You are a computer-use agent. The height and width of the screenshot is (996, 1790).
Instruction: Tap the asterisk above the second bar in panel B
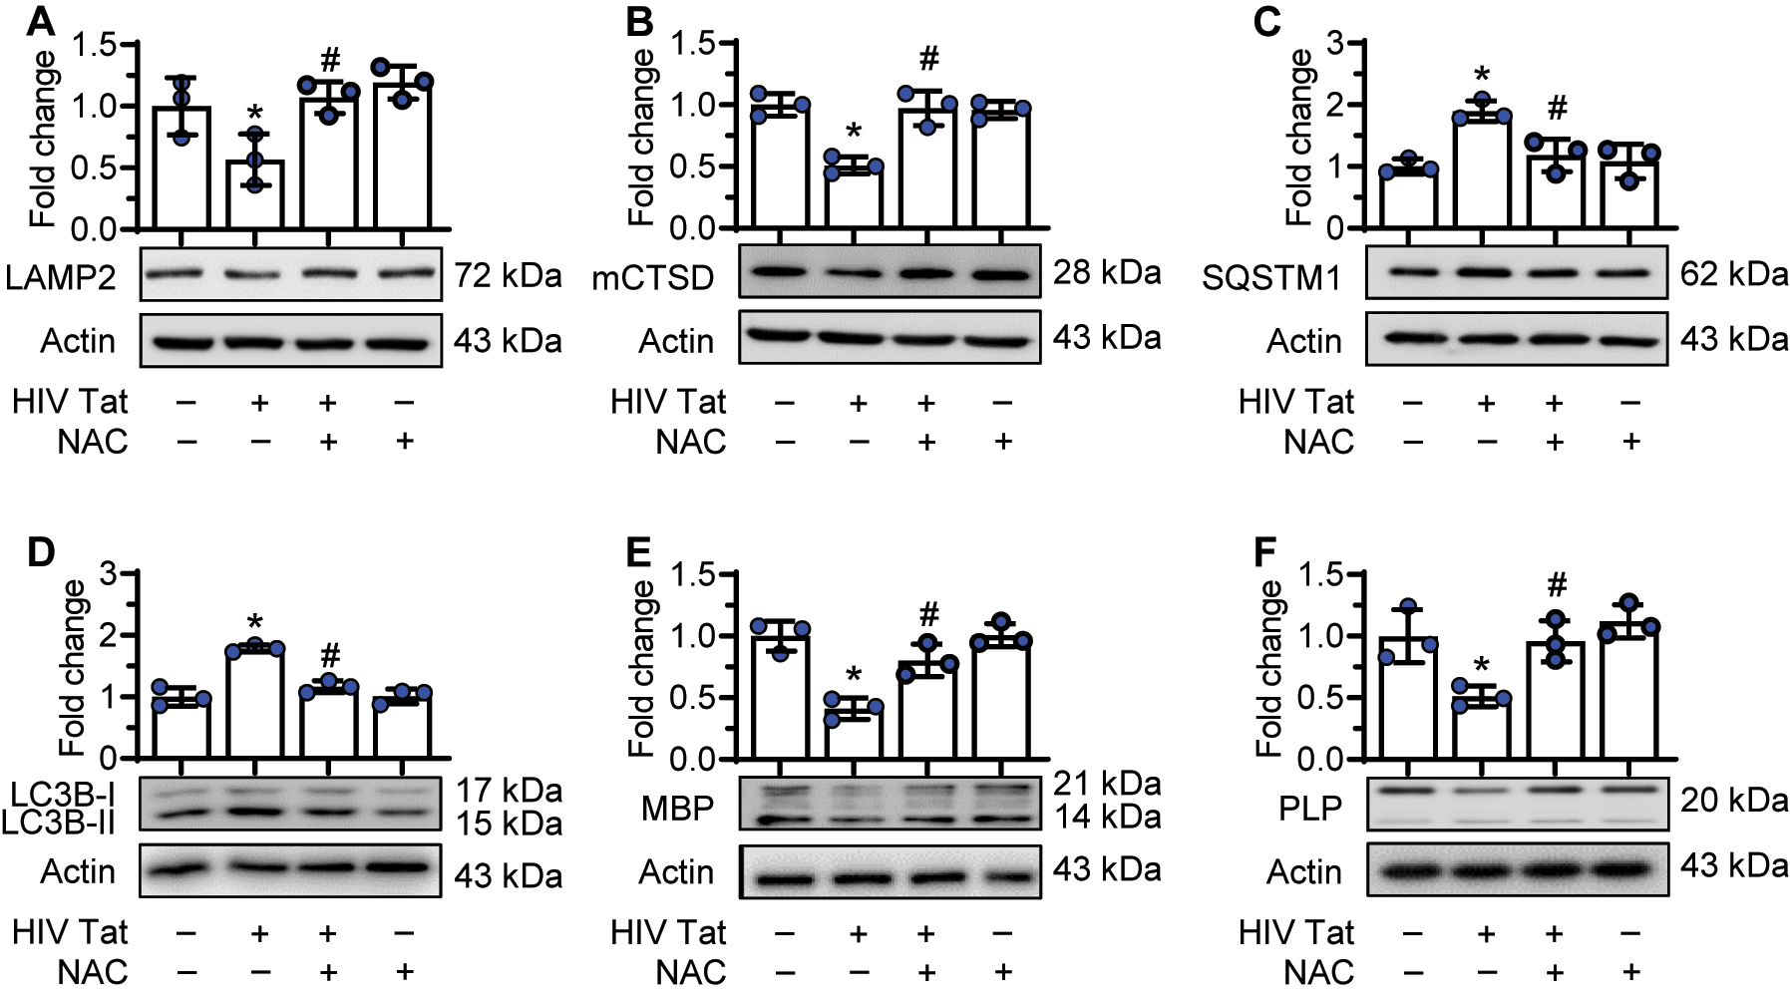pos(854,133)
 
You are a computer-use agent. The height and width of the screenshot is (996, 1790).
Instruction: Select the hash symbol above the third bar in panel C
pos(1557,107)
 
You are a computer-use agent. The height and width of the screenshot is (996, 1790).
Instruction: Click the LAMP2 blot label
pos(61,276)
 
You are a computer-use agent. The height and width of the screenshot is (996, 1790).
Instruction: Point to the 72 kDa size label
pos(508,276)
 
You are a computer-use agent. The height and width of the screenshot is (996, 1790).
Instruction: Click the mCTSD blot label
pos(653,277)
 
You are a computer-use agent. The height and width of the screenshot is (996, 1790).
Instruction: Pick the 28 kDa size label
pos(1107,272)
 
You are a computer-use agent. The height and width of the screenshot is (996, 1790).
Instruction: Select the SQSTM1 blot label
pos(1271,277)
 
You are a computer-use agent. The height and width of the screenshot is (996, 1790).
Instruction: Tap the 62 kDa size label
pos(1734,273)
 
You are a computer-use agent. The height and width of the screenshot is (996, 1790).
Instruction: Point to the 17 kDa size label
pos(509,791)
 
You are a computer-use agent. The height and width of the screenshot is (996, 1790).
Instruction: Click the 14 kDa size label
pos(1107,818)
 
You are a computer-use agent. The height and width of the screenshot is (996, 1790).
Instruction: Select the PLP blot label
pos(1310,809)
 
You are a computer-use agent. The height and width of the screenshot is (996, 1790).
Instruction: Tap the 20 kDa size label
pos(1734,800)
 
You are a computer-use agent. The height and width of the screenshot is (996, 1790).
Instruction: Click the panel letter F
pos(1266,552)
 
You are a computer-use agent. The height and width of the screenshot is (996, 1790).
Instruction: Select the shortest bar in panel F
pos(1482,729)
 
